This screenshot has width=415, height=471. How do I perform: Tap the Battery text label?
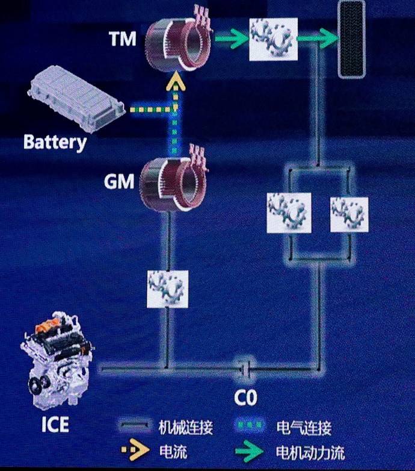55,142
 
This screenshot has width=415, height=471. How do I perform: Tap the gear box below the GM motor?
168,289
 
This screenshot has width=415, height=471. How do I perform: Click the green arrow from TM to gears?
229,40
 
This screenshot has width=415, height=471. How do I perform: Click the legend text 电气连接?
303,429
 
